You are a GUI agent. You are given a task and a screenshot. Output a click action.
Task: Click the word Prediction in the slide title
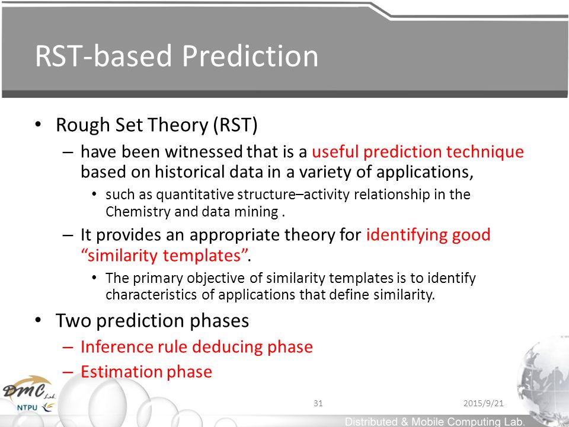click(250, 56)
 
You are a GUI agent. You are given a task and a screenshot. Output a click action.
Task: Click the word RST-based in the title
click(103, 56)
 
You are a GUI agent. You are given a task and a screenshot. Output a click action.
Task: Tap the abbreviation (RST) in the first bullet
click(235, 125)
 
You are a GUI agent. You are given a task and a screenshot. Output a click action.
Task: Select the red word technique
click(485, 152)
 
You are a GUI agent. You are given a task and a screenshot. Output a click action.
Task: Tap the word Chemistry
click(138, 212)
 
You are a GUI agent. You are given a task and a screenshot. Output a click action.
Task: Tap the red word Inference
click(116, 347)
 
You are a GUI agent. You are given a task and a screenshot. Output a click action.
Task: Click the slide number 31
click(318, 403)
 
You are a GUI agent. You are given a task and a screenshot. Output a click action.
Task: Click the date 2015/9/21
click(484, 403)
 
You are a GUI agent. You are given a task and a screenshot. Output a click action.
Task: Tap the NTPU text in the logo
click(27, 408)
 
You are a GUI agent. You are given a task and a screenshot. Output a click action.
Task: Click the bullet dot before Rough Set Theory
click(38, 125)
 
